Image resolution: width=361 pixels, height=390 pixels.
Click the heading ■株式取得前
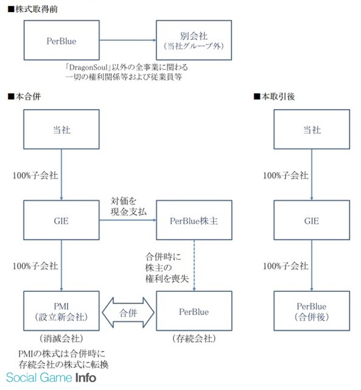click(x=32, y=9)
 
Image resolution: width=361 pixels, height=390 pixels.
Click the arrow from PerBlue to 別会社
click(x=128, y=40)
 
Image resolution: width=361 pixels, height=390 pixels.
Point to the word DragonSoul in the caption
click(x=88, y=67)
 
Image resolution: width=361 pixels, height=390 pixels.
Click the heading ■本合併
click(x=24, y=96)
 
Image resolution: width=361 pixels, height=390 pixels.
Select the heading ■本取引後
click(x=274, y=96)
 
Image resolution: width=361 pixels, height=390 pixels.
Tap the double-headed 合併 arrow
click(x=128, y=313)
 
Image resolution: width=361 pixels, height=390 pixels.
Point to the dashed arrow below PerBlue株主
click(x=194, y=266)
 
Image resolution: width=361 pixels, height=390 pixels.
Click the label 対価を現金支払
click(x=128, y=206)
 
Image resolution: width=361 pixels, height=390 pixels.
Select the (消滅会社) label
click(x=61, y=338)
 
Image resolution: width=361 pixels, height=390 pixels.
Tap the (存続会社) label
click(x=194, y=338)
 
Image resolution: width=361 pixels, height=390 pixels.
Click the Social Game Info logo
click(x=51, y=378)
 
